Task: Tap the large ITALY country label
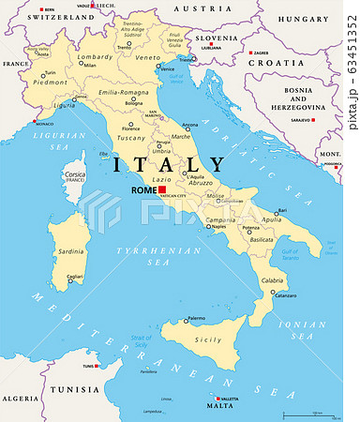point(169,166)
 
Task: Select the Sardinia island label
point(71,252)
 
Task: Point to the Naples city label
point(218,227)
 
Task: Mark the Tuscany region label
point(130,137)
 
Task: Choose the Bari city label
point(281,211)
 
